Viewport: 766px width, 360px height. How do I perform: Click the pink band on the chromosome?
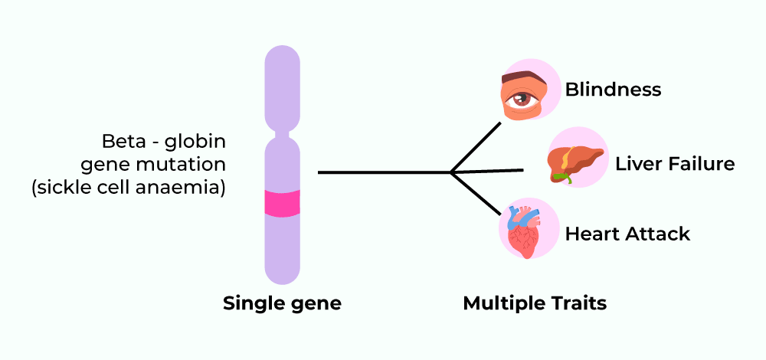(282, 202)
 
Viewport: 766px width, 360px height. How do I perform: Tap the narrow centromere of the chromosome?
(282, 137)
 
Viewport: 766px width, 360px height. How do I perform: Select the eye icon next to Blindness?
(524, 97)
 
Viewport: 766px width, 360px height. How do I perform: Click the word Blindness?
(613, 90)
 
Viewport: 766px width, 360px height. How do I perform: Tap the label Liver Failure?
(675, 164)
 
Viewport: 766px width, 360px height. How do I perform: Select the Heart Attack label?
(627, 234)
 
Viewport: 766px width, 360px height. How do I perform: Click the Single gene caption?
(282, 303)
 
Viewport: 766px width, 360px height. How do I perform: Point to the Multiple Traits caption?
(535, 303)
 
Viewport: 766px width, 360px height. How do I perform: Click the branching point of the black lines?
(452, 172)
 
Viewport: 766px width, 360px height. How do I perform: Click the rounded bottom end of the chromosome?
(282, 276)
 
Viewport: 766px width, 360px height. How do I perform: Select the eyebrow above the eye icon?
(522, 78)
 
